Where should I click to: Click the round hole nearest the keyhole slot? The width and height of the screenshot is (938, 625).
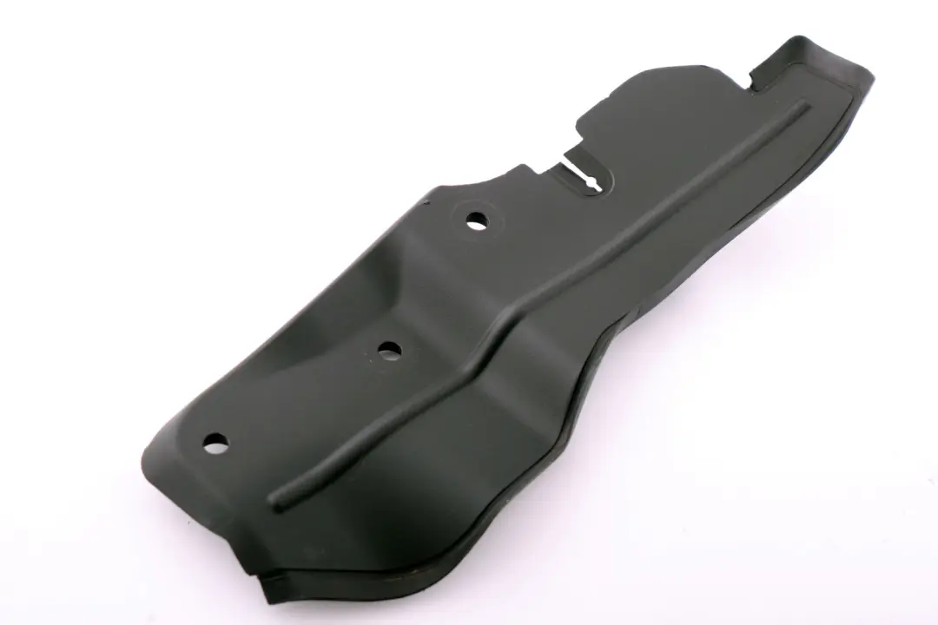tap(476, 220)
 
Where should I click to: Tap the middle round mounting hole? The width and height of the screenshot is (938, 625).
tap(389, 350)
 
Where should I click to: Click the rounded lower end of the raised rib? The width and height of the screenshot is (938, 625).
tap(277, 500)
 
